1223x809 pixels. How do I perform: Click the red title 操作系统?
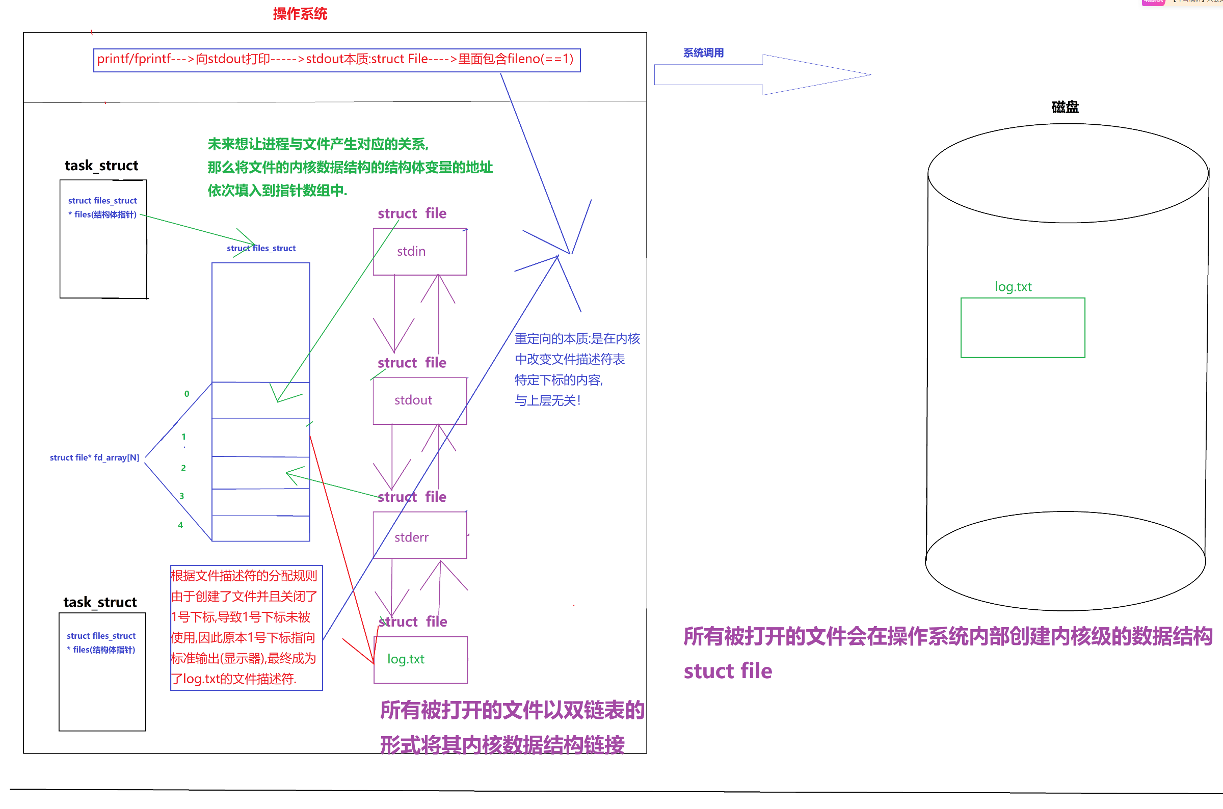(x=300, y=14)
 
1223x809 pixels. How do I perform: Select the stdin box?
(x=419, y=252)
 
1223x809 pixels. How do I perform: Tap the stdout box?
(x=419, y=401)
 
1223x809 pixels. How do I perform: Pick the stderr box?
(x=419, y=535)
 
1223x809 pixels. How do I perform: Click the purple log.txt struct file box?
(x=420, y=660)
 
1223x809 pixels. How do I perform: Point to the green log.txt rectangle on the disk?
(x=1022, y=328)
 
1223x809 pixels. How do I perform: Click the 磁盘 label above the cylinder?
(x=1065, y=107)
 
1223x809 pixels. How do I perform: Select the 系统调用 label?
(x=703, y=52)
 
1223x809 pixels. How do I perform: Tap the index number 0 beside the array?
(x=187, y=394)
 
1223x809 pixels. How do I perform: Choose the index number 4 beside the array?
(x=180, y=525)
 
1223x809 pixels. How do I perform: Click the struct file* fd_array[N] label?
(x=94, y=457)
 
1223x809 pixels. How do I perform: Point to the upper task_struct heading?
(x=101, y=166)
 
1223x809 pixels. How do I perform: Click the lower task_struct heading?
(x=100, y=602)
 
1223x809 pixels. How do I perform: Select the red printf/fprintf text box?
(x=336, y=60)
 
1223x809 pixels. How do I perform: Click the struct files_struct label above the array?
(x=261, y=248)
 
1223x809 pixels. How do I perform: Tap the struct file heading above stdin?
(x=412, y=213)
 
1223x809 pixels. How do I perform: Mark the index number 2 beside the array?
(x=183, y=468)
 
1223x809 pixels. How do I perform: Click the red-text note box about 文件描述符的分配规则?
(x=246, y=628)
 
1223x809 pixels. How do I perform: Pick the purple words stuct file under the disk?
(x=728, y=671)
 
